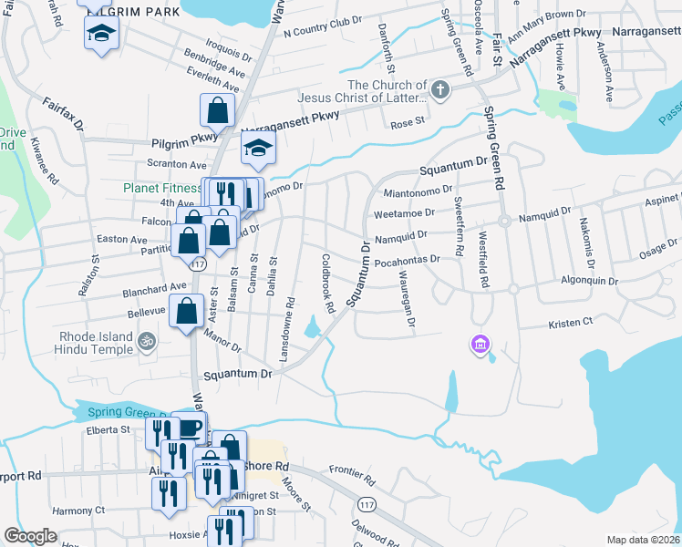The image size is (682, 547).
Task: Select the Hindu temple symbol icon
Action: (147, 342)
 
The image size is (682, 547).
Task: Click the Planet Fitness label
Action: (161, 189)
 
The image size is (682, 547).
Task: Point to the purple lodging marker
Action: (480, 345)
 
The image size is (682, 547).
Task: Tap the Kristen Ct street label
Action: (570, 323)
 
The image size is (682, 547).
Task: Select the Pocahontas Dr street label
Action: (407, 260)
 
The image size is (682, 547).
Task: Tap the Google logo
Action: (30, 536)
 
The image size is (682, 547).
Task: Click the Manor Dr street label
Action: (222, 346)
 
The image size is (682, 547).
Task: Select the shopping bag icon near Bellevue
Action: (187, 310)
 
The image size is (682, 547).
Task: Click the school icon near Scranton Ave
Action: (258, 148)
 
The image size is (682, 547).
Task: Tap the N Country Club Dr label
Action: (323, 28)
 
